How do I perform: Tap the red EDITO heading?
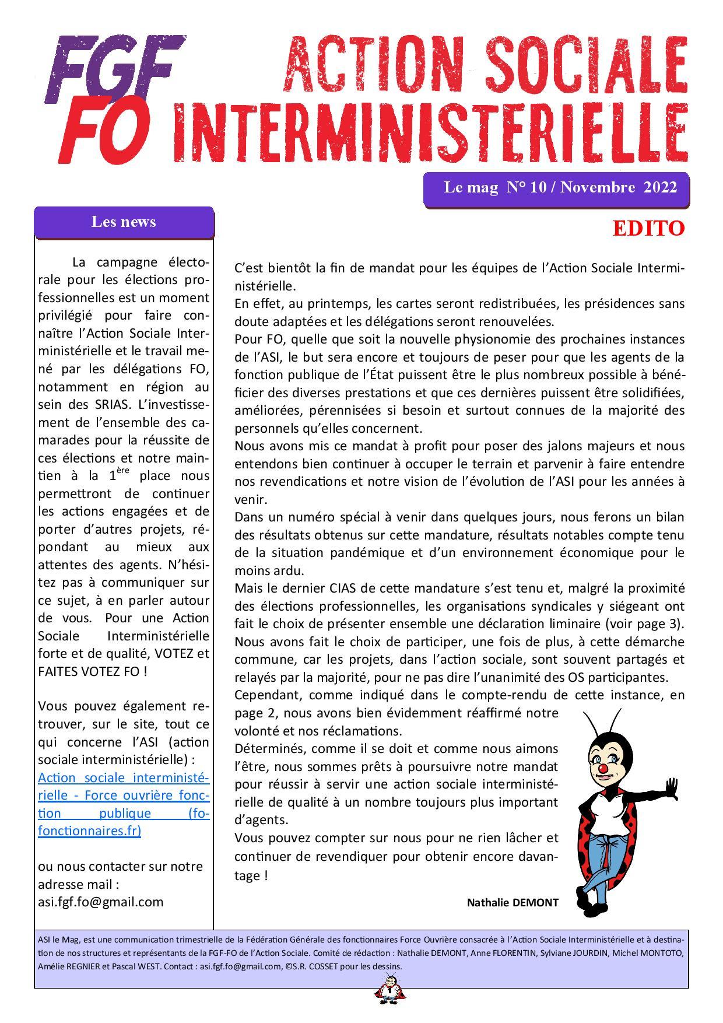648,229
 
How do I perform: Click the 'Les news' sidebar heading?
124,222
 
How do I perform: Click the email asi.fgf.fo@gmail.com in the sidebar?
100,902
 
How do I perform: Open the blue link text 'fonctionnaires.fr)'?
89,831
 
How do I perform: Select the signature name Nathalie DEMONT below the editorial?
512,903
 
